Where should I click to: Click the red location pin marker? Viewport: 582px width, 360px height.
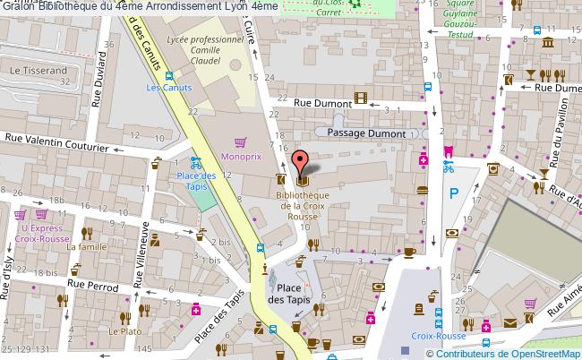(x=302, y=161)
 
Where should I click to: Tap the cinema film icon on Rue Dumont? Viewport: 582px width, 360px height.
(x=360, y=99)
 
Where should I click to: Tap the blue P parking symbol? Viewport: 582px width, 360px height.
(x=453, y=193)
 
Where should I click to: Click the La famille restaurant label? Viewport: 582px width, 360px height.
(x=92, y=247)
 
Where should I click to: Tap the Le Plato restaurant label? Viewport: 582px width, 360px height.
(x=120, y=330)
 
